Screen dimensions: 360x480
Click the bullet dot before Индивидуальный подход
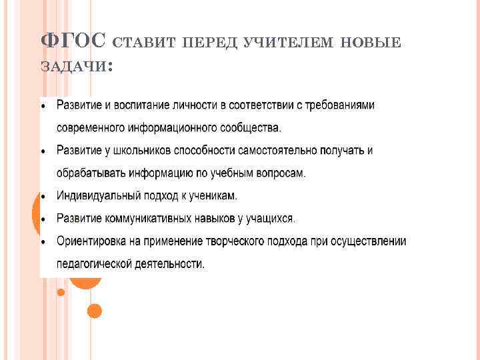(x=43, y=197)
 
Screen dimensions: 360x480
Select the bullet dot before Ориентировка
(x=43, y=241)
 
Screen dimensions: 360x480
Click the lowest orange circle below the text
(x=95, y=311)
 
